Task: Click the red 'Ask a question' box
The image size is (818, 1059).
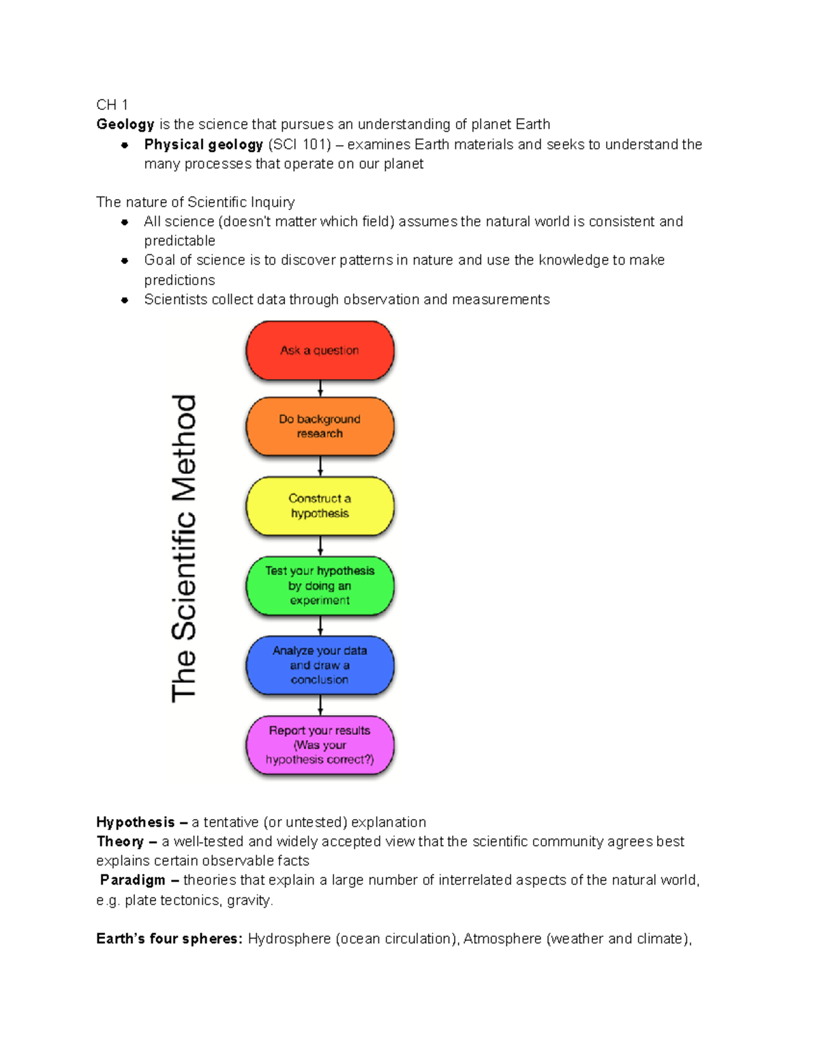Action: point(320,350)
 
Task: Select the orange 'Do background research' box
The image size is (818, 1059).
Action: point(320,426)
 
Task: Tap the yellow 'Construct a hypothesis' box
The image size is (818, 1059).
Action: point(320,506)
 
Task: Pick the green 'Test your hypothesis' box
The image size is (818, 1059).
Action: point(320,586)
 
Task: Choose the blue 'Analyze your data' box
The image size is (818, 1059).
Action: point(320,665)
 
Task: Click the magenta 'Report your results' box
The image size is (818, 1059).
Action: point(320,745)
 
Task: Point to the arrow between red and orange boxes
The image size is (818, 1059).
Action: point(320,389)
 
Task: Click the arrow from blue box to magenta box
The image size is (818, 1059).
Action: point(320,705)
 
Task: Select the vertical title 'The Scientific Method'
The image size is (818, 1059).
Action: point(184,548)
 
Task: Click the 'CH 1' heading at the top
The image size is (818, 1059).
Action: point(112,105)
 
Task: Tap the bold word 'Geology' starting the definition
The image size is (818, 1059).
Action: point(125,125)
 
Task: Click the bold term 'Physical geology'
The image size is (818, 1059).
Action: point(203,145)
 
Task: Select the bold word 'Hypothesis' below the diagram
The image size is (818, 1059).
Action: point(136,822)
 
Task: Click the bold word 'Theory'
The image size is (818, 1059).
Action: point(120,842)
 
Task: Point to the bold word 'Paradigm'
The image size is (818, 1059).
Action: point(133,880)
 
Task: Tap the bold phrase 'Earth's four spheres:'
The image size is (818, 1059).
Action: point(169,939)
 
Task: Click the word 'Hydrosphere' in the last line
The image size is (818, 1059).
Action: point(289,939)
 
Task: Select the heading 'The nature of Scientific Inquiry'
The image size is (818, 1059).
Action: point(196,203)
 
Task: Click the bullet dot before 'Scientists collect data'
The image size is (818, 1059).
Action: point(125,300)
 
